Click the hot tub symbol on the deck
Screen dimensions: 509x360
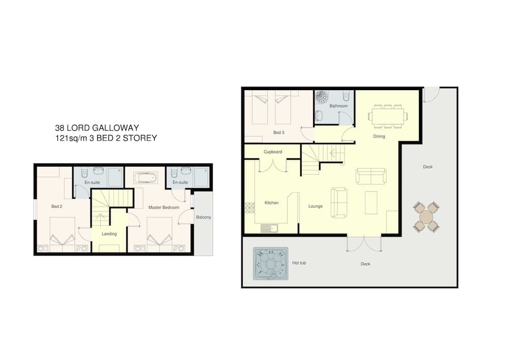[x=270, y=264]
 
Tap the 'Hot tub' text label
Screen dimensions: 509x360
[x=299, y=263]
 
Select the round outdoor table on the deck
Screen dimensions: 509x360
[x=426, y=216]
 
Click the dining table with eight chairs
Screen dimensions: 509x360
[x=388, y=116]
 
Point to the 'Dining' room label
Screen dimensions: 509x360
[x=379, y=136]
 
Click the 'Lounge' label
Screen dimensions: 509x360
[x=316, y=206]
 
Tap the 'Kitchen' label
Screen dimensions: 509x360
[x=271, y=203]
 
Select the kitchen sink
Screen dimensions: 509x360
[x=269, y=229]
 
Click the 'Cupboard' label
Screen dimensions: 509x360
[x=273, y=152]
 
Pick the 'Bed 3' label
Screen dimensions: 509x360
[x=278, y=132]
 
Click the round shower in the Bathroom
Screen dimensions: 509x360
[x=322, y=97]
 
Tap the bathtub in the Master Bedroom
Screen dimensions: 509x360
[x=146, y=178]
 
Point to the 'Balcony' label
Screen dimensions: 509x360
[x=204, y=217]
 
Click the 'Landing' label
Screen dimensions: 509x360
[x=109, y=234]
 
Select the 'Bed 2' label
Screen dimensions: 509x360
[x=56, y=206]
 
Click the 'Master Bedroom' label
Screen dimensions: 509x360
[x=163, y=207]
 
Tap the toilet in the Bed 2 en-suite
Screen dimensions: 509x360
[x=84, y=173]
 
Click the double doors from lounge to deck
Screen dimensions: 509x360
[x=364, y=243]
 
